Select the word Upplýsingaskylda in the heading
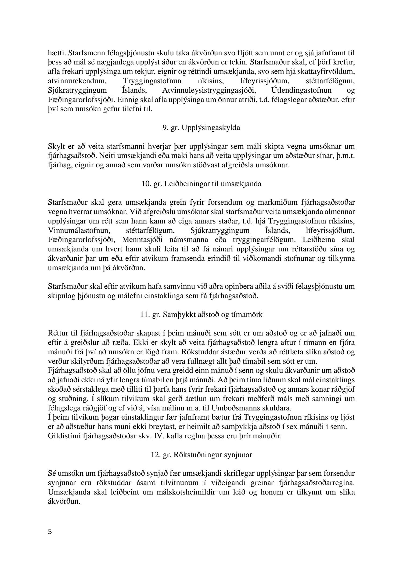(211, 128)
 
